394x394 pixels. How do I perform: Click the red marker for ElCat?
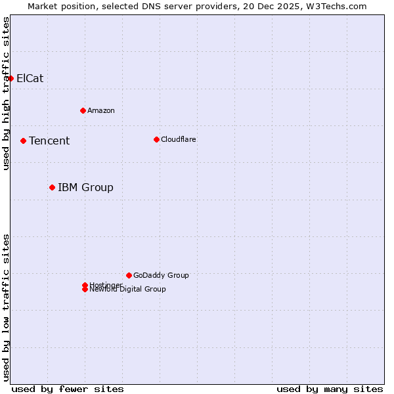(11, 78)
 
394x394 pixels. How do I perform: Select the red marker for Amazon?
(83, 110)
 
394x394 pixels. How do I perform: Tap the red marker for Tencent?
(23, 141)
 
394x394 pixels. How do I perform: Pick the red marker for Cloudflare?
(156, 139)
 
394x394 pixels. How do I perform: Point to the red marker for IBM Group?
(52, 187)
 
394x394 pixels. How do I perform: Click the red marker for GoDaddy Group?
(129, 275)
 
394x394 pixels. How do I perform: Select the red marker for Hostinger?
(85, 285)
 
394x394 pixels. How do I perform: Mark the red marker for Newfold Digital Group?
(85, 290)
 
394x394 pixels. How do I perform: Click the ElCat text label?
(30, 78)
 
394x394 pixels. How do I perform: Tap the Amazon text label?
(101, 110)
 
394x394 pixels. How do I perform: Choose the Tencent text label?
(49, 141)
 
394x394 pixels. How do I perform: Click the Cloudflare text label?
(179, 139)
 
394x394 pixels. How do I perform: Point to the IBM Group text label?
(85, 187)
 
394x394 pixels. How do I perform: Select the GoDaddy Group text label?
(161, 275)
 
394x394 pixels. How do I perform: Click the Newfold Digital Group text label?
(128, 290)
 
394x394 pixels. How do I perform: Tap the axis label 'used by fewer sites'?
(68, 389)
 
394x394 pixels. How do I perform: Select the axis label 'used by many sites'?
(330, 389)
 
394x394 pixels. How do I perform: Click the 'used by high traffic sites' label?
(6, 93)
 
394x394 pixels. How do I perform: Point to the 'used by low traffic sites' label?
(6, 307)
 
